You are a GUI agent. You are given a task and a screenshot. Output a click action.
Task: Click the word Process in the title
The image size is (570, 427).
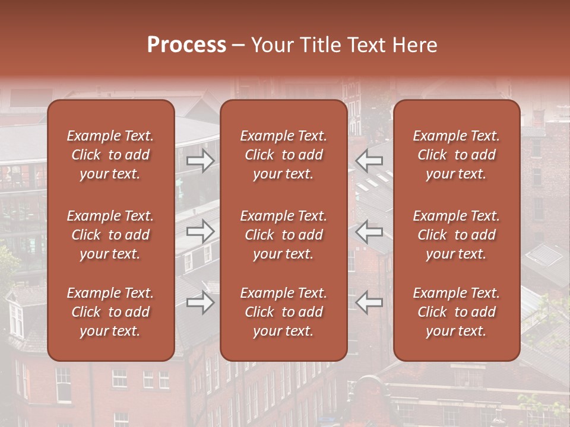186,45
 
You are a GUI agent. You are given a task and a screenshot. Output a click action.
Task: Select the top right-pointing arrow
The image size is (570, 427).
200,160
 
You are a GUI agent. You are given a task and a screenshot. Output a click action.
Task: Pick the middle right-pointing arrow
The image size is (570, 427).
200,231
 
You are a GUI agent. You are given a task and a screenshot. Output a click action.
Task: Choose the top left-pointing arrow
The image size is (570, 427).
369,160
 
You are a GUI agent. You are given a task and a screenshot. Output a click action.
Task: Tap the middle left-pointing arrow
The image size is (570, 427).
369,231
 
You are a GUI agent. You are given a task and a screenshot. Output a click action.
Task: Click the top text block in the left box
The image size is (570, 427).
110,155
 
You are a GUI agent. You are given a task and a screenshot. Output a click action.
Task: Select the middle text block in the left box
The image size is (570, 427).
110,235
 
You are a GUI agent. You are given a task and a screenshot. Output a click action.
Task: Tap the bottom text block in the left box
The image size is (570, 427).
110,312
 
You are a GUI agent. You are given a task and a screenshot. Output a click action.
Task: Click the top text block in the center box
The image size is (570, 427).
283,155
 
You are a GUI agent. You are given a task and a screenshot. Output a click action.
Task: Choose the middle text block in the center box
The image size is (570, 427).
283,235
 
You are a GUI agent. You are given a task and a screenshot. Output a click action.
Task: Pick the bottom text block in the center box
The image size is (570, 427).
283,312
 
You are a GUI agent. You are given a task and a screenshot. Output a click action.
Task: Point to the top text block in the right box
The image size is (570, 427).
457,155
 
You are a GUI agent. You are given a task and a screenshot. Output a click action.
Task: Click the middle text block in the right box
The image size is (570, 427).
457,235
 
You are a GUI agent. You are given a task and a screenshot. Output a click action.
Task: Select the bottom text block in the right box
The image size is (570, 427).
457,312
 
